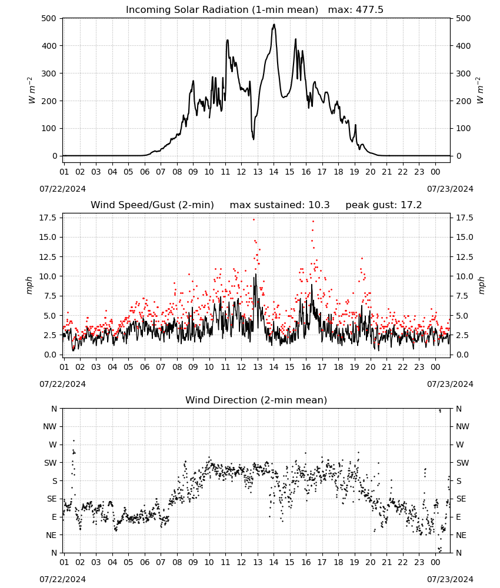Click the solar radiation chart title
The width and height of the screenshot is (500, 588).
coord(222,9)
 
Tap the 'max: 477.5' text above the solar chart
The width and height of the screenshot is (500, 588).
coord(356,9)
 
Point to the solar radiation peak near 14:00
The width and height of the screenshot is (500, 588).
coord(274,25)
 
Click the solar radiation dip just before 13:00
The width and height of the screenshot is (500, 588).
coord(254,139)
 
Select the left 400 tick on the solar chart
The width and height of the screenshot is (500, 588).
coord(49,46)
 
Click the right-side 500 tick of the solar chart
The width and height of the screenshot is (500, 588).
coord(464,18)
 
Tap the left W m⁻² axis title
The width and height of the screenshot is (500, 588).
coord(31,91)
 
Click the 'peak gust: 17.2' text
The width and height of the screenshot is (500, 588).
coord(384,205)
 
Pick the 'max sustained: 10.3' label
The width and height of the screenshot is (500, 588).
coord(279,205)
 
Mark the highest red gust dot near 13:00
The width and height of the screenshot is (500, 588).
coord(254,220)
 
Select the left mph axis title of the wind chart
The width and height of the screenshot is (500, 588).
coord(29,285)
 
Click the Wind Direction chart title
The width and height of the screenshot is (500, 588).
coord(256,400)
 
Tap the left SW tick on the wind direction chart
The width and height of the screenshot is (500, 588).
coord(50,463)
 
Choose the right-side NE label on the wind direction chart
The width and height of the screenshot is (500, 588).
coord(461,535)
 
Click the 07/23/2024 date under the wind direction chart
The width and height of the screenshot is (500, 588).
coord(450,579)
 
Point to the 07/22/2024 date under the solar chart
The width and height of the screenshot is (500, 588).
coord(62,189)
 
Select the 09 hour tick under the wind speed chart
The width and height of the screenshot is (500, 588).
coord(193,367)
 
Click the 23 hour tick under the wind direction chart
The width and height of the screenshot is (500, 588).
coord(419,562)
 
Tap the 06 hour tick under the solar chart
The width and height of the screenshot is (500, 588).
coord(145,172)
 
